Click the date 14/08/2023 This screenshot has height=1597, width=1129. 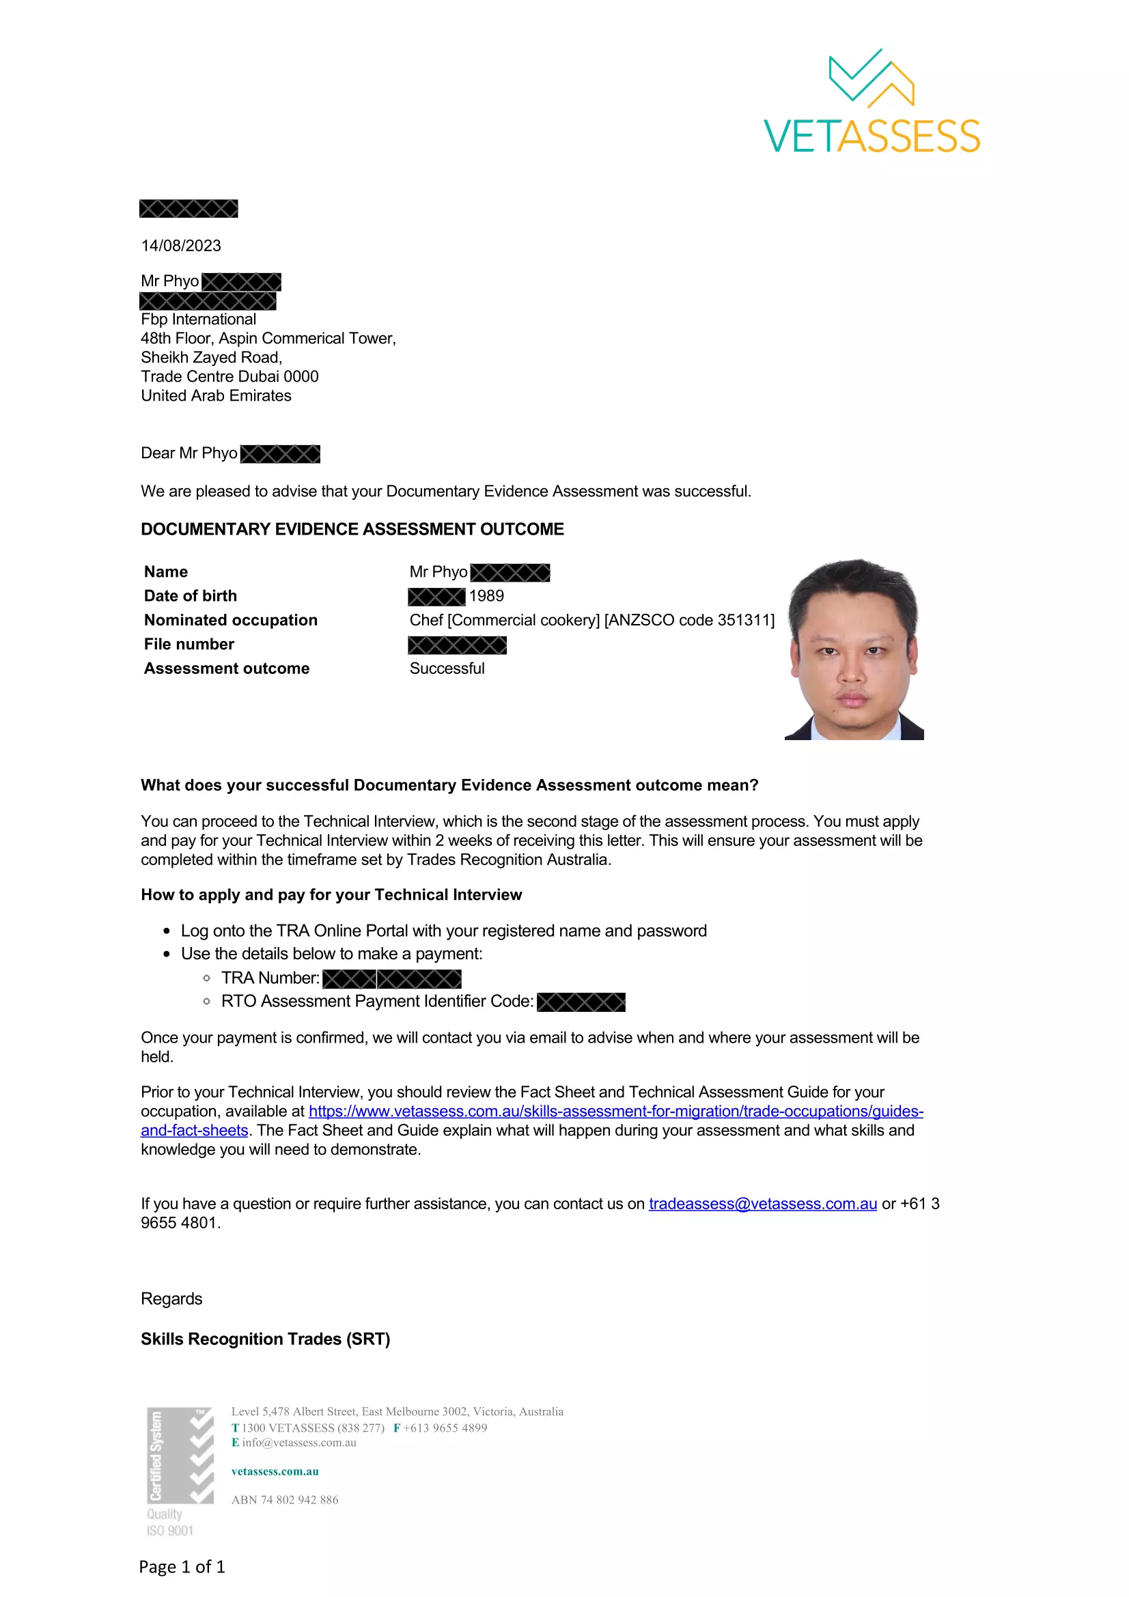[x=181, y=246]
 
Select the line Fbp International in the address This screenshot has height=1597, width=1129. [x=198, y=320]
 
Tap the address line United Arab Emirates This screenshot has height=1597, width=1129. [x=216, y=396]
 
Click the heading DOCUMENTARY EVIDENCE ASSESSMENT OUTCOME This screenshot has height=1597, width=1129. [x=352, y=529]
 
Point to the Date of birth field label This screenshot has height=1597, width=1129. [x=190, y=596]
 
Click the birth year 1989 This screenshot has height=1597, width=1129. [x=486, y=596]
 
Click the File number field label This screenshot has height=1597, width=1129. [x=189, y=644]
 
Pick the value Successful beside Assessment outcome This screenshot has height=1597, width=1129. [x=447, y=668]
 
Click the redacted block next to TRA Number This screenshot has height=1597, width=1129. [x=391, y=979]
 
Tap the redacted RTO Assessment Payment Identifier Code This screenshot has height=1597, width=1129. [x=581, y=1002]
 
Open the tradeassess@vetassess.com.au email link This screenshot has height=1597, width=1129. [x=762, y=1204]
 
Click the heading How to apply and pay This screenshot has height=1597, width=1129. [x=331, y=895]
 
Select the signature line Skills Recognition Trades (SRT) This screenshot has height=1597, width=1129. [x=265, y=1340]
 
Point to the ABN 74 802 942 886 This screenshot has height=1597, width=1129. [x=285, y=1499]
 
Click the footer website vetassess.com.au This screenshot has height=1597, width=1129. [x=275, y=1471]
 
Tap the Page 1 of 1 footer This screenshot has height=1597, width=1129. [x=182, y=1567]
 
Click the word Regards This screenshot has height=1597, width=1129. [x=171, y=1299]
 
